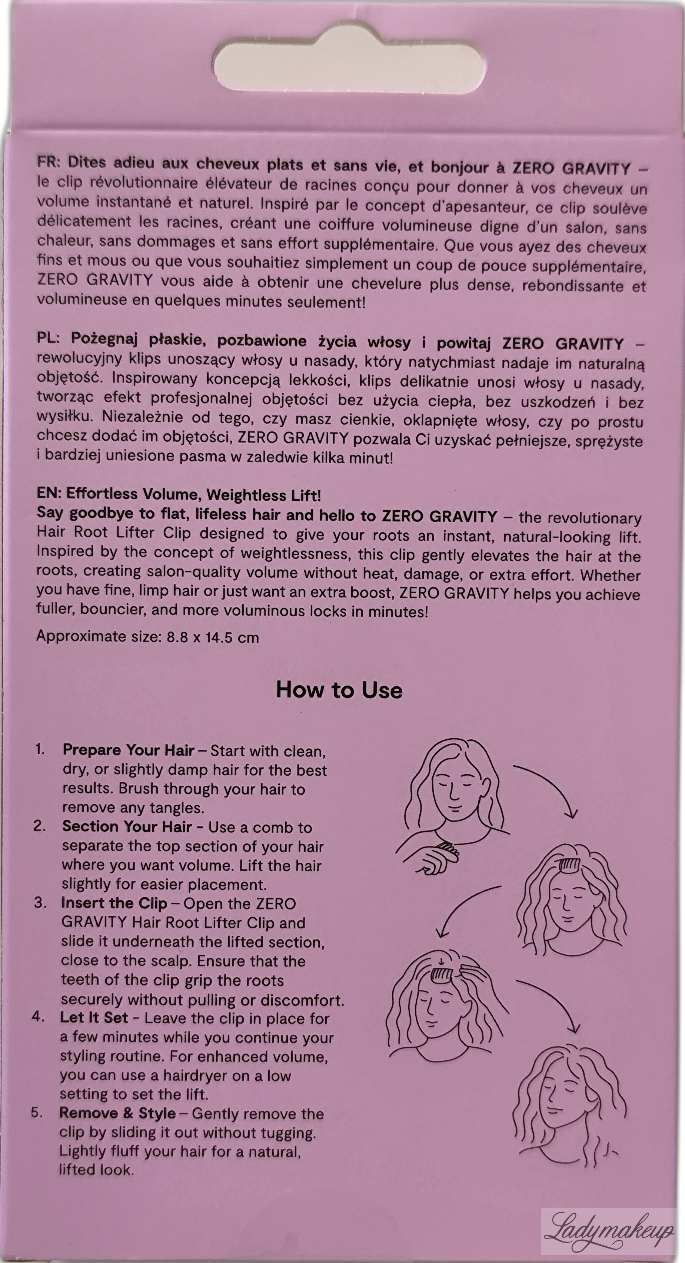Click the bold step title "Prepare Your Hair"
click(x=129, y=750)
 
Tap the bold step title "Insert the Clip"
click(x=114, y=903)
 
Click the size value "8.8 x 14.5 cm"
click(x=213, y=637)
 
